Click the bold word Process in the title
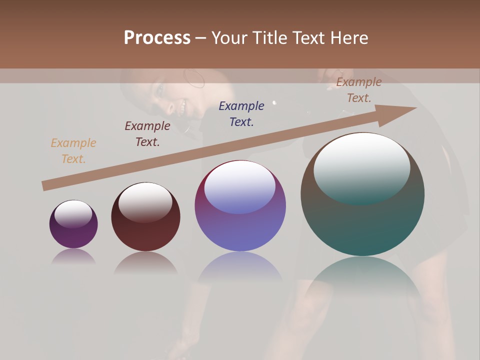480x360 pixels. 157,38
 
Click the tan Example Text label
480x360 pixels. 73,151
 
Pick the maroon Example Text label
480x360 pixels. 147,134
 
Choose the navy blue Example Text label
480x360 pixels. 241,114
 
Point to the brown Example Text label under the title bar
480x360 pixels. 359,90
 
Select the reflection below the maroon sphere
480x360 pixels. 145,262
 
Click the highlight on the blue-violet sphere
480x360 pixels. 240,187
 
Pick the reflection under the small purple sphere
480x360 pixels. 73,256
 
